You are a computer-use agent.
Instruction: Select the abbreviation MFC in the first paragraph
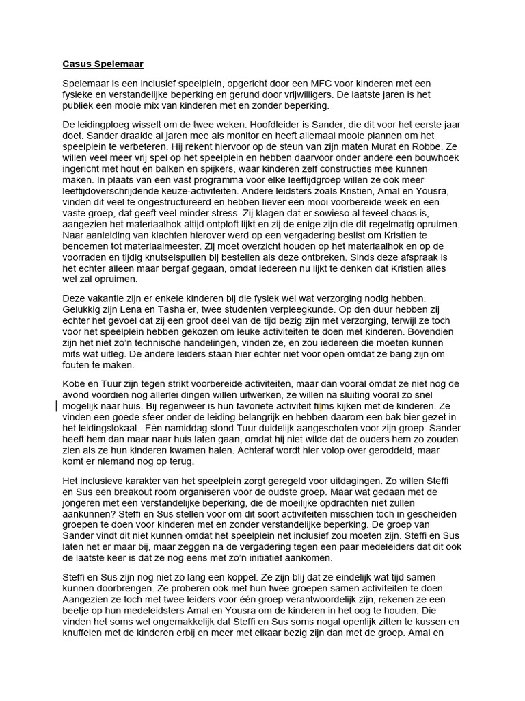[299, 84]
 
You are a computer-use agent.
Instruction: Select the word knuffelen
[86, 633]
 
